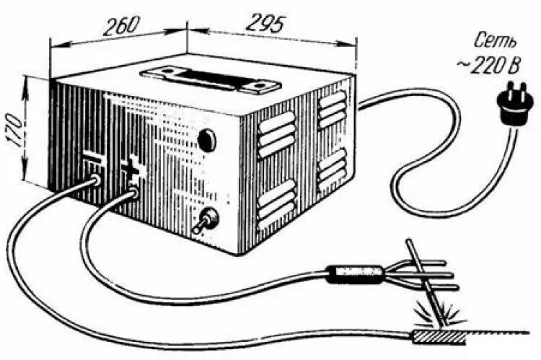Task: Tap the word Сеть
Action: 496,40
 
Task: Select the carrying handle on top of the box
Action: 210,77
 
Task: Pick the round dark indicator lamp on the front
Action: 207,139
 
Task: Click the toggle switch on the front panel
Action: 208,218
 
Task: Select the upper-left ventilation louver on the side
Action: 277,133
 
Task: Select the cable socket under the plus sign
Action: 132,193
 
